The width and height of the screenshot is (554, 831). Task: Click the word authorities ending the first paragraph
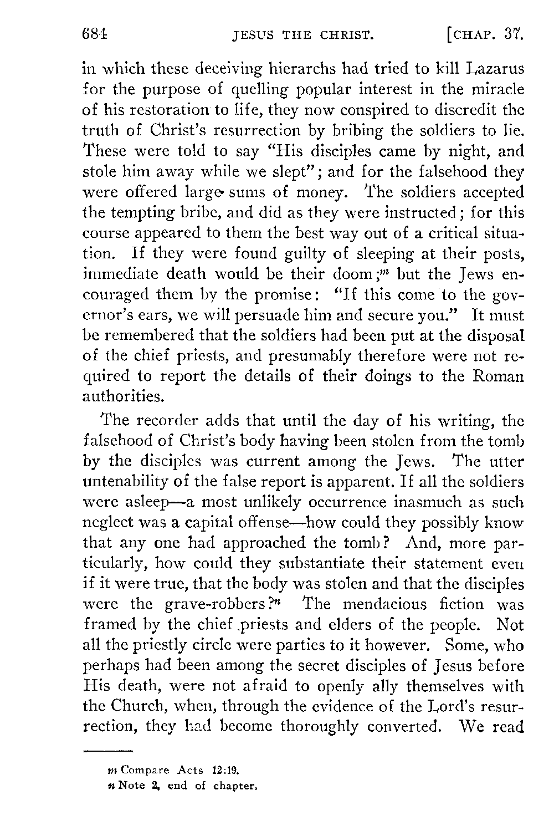[x=123, y=396]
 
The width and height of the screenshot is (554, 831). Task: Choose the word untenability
[x=126, y=483]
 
